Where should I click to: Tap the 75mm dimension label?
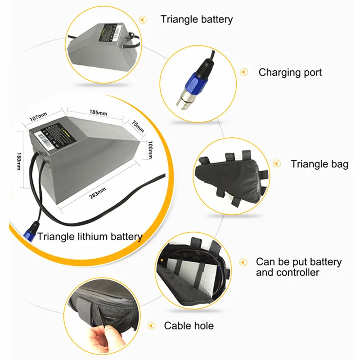(138, 126)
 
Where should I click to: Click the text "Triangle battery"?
(197, 19)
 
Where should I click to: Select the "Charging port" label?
(290, 72)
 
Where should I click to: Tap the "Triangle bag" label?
(319, 164)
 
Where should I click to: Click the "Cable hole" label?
(189, 325)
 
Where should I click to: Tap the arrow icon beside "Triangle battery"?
(144, 19)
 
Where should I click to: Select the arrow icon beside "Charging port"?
(244, 72)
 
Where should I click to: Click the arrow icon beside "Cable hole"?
(153, 325)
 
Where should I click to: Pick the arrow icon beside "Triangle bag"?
(277, 164)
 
